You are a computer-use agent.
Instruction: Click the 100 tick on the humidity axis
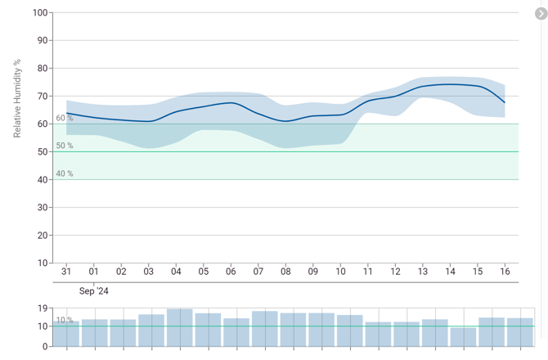(39, 13)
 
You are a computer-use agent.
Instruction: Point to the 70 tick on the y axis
(42, 97)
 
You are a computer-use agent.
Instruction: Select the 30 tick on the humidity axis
(42, 207)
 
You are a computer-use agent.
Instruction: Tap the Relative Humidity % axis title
(17, 98)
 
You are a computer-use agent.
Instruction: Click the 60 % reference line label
(65, 119)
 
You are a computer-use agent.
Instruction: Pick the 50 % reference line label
(65, 146)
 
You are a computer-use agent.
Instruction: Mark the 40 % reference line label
(65, 173)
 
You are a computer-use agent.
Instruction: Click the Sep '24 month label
(94, 290)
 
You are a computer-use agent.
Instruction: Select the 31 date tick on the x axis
(66, 272)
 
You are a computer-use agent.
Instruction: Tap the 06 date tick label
(231, 272)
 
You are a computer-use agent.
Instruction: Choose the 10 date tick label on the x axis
(340, 272)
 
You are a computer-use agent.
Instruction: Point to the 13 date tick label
(423, 272)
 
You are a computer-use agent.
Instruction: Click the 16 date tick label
(505, 272)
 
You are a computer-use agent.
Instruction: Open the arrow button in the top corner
(541, 14)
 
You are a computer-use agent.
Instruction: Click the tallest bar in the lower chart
(180, 327)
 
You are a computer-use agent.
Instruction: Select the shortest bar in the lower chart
(463, 336)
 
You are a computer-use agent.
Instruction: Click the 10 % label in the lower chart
(65, 320)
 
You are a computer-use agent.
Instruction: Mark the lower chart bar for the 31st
(66, 334)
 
